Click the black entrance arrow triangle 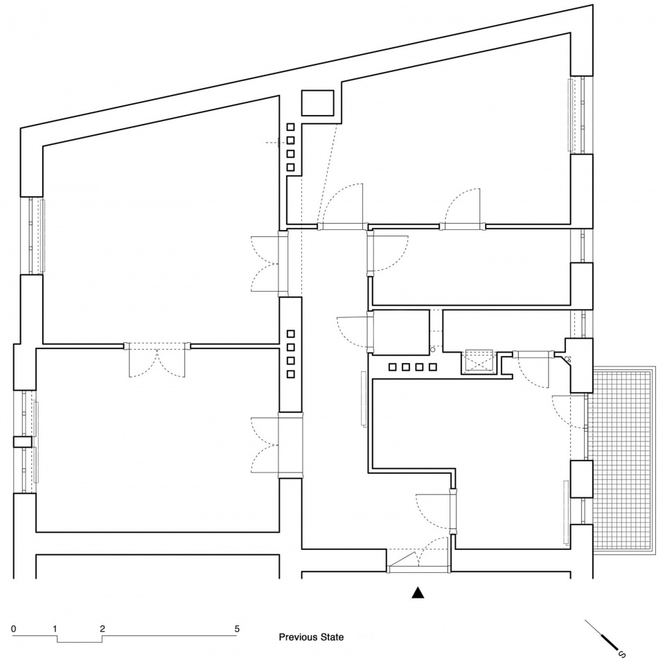418,593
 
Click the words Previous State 311,637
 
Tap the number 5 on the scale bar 237,628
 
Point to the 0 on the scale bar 14,628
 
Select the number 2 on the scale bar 103,628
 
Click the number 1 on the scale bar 55,628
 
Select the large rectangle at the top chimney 318,103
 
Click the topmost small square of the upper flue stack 290,127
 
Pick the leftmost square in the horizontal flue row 392,367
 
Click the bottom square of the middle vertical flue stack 290,374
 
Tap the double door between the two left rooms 157,360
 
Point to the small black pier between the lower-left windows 22,442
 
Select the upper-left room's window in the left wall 33,236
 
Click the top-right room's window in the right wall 578,115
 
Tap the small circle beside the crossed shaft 432,349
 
